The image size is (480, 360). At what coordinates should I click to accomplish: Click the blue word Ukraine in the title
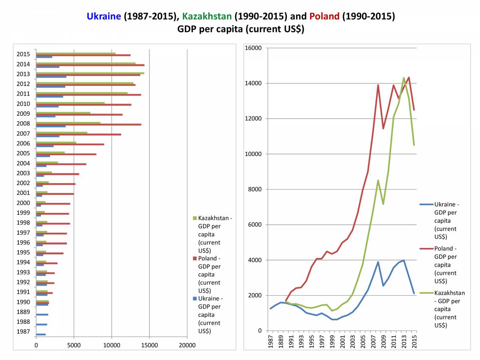click(x=104, y=16)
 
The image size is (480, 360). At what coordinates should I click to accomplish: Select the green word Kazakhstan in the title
click(x=206, y=16)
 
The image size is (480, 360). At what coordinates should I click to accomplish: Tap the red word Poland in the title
click(x=324, y=16)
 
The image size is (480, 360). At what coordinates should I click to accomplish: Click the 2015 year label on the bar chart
click(x=23, y=54)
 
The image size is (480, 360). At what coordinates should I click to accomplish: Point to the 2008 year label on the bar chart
click(x=23, y=124)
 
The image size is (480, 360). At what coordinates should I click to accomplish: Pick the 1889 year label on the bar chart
click(x=23, y=312)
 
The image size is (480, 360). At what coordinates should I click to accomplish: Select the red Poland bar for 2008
click(x=88, y=124)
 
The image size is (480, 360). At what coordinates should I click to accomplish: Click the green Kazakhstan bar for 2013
click(x=90, y=73)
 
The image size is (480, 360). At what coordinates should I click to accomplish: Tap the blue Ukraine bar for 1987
click(x=41, y=334)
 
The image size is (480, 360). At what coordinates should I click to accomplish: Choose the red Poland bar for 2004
click(x=61, y=164)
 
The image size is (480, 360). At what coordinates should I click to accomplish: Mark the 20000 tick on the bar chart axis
click(x=187, y=345)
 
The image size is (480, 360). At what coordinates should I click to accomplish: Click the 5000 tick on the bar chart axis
click(x=74, y=345)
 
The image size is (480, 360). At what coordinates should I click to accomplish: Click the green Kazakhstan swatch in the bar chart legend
click(x=194, y=218)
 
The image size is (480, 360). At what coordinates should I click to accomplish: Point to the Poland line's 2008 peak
click(x=378, y=85)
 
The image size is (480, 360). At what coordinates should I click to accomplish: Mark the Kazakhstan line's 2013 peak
click(x=404, y=78)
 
